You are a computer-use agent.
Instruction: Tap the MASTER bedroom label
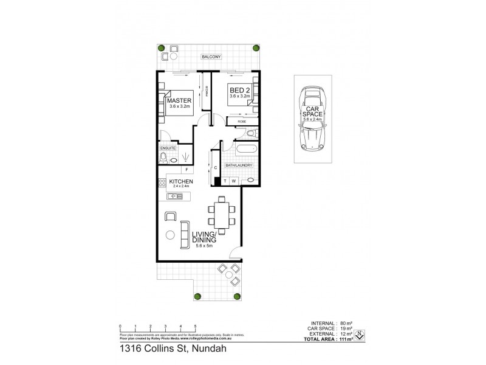[x=180, y=100]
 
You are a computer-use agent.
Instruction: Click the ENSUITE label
[x=168, y=148]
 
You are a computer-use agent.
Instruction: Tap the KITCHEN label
[x=182, y=182]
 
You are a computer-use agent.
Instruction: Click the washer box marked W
[x=233, y=181]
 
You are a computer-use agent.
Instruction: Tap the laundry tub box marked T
[x=224, y=181]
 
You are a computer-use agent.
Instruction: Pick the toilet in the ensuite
[x=163, y=158]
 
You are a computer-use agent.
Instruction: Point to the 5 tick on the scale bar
[x=196, y=327]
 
